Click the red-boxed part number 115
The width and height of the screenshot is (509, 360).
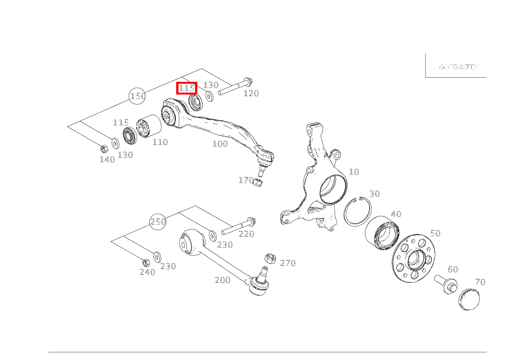point(187,88)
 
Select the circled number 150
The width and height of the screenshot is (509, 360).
point(137,96)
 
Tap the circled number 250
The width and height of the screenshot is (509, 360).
point(158,222)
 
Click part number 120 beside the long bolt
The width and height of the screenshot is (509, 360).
point(251,93)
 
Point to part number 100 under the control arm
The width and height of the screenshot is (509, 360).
point(220,144)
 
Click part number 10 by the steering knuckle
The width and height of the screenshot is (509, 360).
point(354,172)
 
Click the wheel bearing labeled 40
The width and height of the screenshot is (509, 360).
point(382,231)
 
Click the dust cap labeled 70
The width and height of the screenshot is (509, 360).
point(469,299)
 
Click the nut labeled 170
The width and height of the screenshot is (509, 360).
point(258,182)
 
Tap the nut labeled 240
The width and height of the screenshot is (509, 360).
point(145,263)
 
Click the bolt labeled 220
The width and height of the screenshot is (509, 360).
point(238,226)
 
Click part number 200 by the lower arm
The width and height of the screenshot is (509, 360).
point(222,280)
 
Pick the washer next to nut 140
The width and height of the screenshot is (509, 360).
point(115,143)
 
